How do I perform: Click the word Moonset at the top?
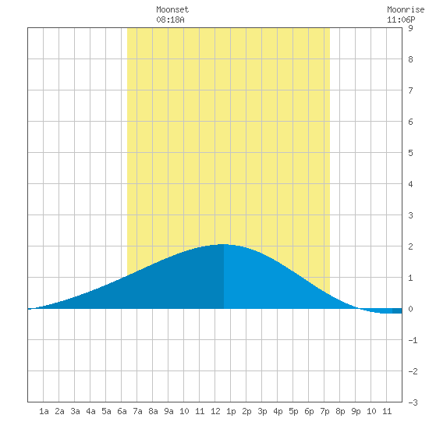click(172, 9)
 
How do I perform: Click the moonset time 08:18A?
click(170, 19)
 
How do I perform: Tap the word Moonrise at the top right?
click(406, 9)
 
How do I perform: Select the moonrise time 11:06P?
click(401, 19)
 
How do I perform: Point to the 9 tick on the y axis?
click(410, 28)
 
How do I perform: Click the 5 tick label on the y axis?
click(410, 153)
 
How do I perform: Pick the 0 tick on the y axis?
click(410, 309)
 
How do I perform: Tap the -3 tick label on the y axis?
click(413, 402)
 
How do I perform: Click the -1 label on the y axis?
click(413, 340)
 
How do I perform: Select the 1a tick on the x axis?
click(44, 411)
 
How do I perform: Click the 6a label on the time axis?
click(122, 411)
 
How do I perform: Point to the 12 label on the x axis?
click(215, 411)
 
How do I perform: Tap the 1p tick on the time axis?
click(231, 411)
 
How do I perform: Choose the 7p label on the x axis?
click(324, 411)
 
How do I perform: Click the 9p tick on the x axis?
click(356, 411)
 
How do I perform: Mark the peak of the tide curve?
click(224, 244)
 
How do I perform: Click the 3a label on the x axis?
click(75, 411)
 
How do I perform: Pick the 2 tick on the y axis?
click(410, 246)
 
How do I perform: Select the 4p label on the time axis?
click(278, 411)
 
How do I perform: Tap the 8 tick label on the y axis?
click(410, 59)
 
